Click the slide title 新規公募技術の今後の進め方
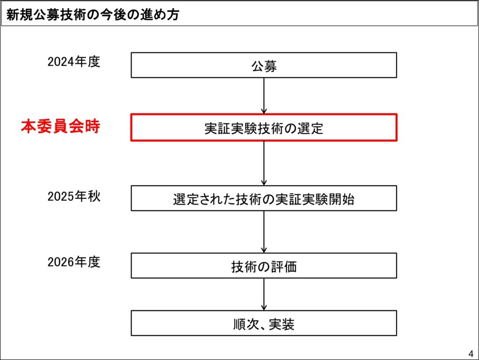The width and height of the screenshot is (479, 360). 93,15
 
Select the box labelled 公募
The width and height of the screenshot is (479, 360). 264,65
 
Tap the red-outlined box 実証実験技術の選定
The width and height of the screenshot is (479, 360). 264,127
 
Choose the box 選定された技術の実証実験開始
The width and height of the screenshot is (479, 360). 264,198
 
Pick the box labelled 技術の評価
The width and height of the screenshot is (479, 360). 264,265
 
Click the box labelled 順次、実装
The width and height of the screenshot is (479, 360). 264,323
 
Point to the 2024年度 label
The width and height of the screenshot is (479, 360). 74,62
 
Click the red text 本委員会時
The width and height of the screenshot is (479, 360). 60,126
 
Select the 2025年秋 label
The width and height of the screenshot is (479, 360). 74,196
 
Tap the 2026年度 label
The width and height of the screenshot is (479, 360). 74,262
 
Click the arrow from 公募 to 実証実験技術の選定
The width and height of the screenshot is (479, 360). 264,96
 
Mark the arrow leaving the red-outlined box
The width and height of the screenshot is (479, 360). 264,163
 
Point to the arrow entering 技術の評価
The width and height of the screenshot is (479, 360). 264,232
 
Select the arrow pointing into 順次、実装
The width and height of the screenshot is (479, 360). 264,294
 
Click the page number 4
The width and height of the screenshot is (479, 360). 471,353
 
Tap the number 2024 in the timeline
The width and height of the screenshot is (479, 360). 61,62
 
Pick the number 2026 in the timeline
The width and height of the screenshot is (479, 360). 61,262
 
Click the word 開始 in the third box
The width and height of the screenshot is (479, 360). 342,199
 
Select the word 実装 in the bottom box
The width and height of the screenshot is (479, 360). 281,324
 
